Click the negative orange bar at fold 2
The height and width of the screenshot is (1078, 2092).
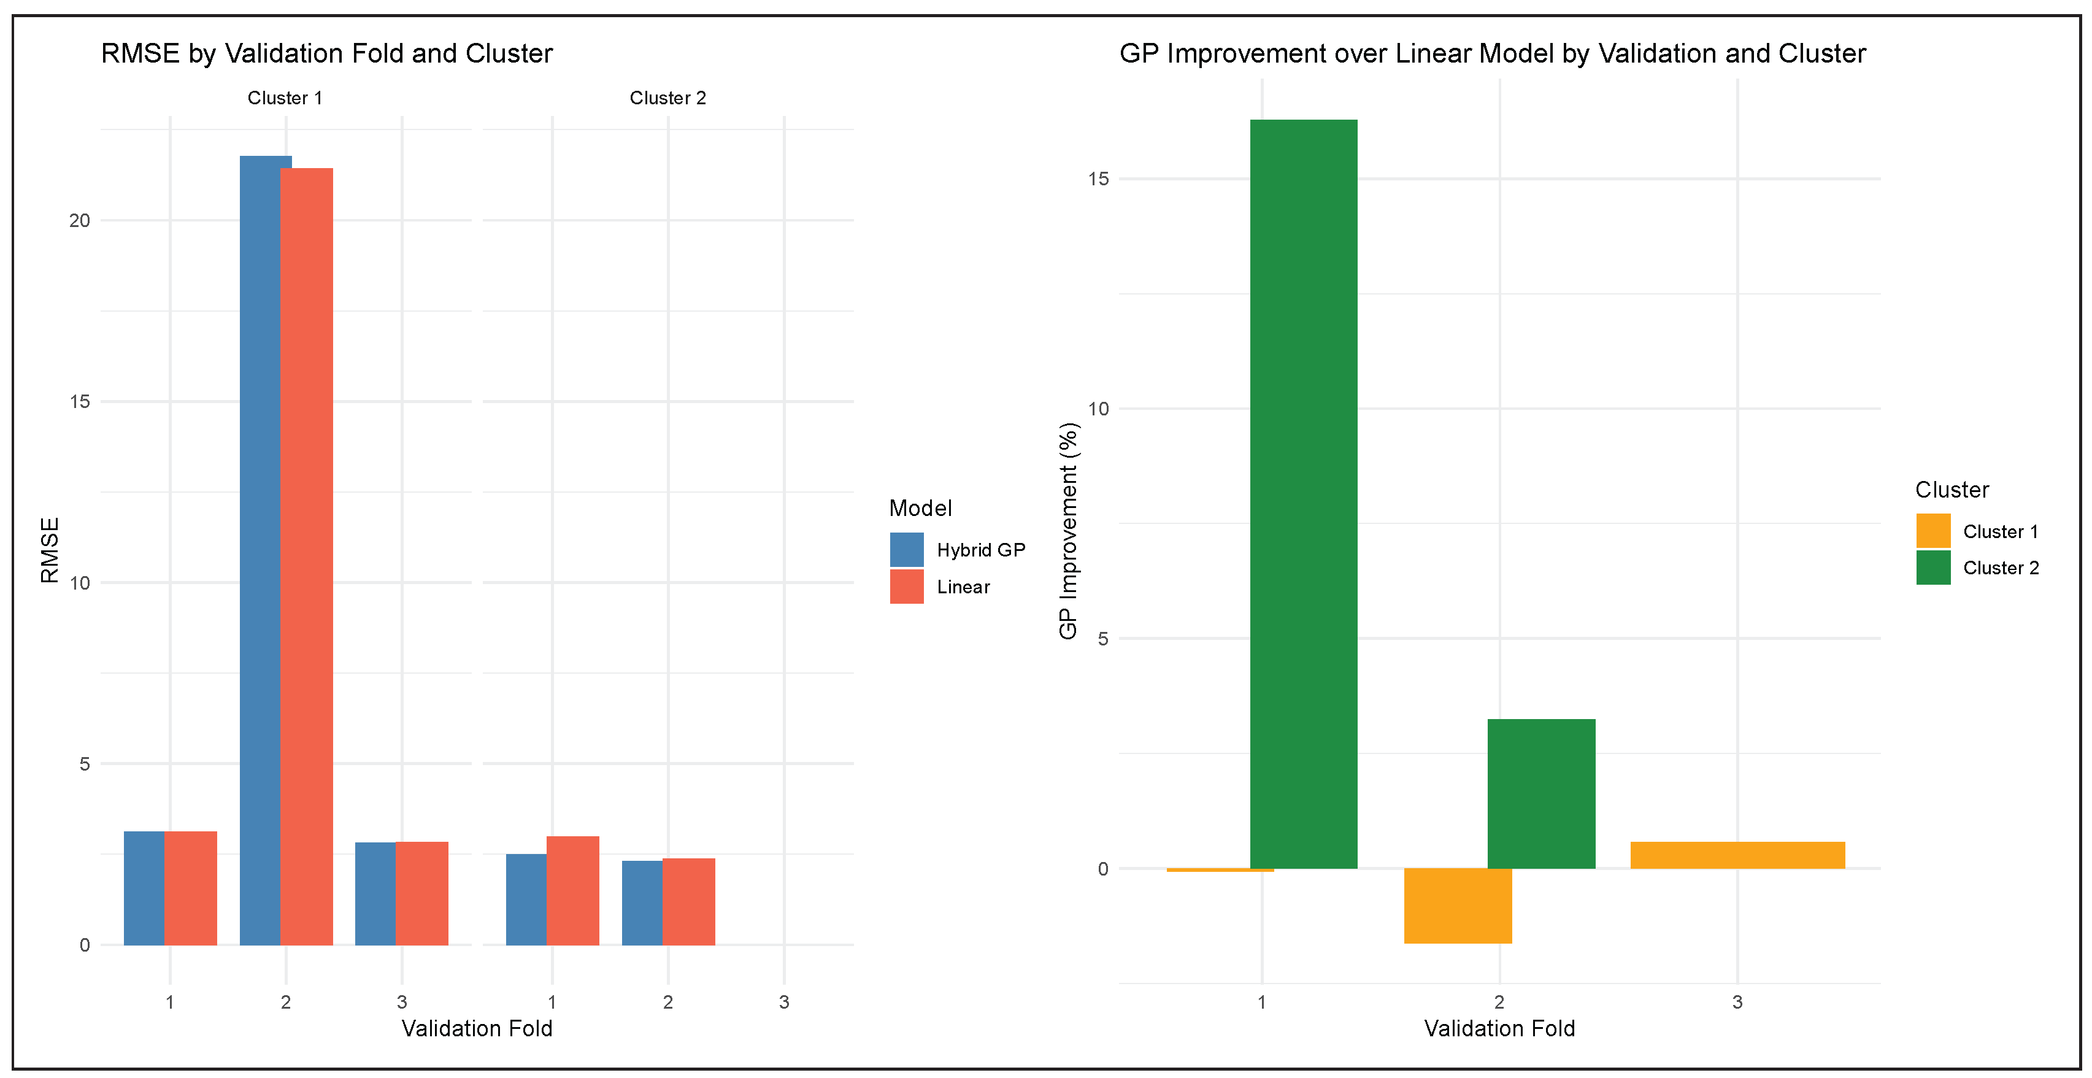pos(1458,905)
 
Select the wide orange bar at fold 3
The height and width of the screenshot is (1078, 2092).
pos(1737,855)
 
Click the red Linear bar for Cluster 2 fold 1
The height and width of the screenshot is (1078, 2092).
pos(572,890)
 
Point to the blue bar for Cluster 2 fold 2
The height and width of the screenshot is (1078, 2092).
pos(642,903)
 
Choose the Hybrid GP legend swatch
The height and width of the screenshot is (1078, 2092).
pos(906,549)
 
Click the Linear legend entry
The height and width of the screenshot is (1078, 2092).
pos(963,587)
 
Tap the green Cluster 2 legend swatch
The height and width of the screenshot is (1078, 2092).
pos(1933,568)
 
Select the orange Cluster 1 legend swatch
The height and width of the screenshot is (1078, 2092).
pos(1933,531)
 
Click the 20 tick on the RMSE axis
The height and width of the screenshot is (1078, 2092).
pos(80,220)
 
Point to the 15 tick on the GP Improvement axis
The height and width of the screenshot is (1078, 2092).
pos(1098,179)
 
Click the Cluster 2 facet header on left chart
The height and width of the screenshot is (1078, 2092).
pos(667,98)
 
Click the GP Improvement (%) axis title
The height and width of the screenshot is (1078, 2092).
pos(1068,531)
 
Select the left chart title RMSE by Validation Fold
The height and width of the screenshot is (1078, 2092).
pos(326,53)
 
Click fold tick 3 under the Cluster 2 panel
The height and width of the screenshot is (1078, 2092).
pos(783,1002)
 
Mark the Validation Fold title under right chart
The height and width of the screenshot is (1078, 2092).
pos(1499,1028)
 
